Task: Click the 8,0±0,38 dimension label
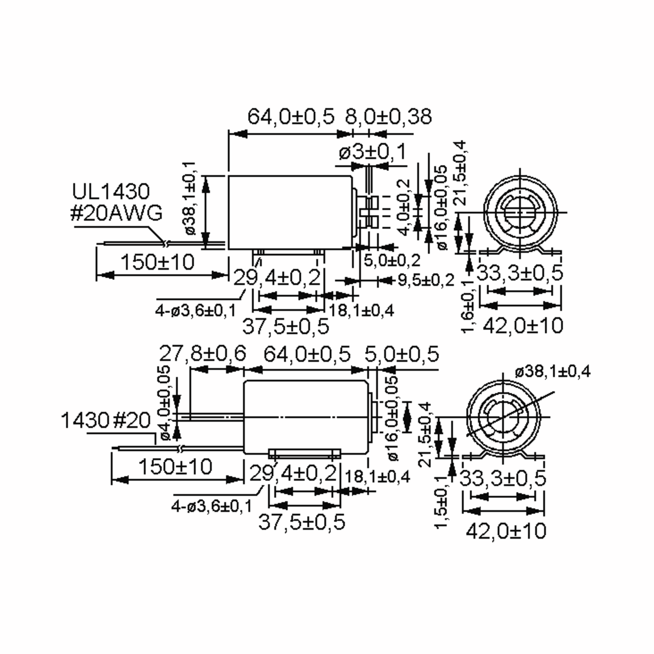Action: point(388,117)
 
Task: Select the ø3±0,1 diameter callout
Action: point(372,152)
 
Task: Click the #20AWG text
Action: point(116,214)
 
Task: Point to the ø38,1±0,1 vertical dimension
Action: point(190,198)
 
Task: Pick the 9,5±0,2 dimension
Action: point(425,280)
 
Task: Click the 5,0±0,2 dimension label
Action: point(392,260)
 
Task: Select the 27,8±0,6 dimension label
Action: point(202,354)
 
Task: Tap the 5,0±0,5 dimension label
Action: point(401,354)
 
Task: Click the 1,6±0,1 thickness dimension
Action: point(468,307)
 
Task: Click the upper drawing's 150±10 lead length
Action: point(158,262)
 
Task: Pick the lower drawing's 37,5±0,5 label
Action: point(302,522)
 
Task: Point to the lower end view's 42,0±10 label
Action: point(506,531)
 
